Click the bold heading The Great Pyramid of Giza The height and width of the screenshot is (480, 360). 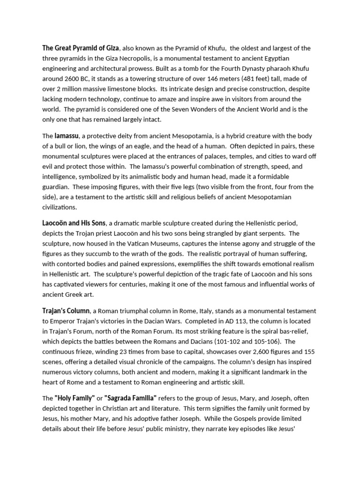81,48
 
